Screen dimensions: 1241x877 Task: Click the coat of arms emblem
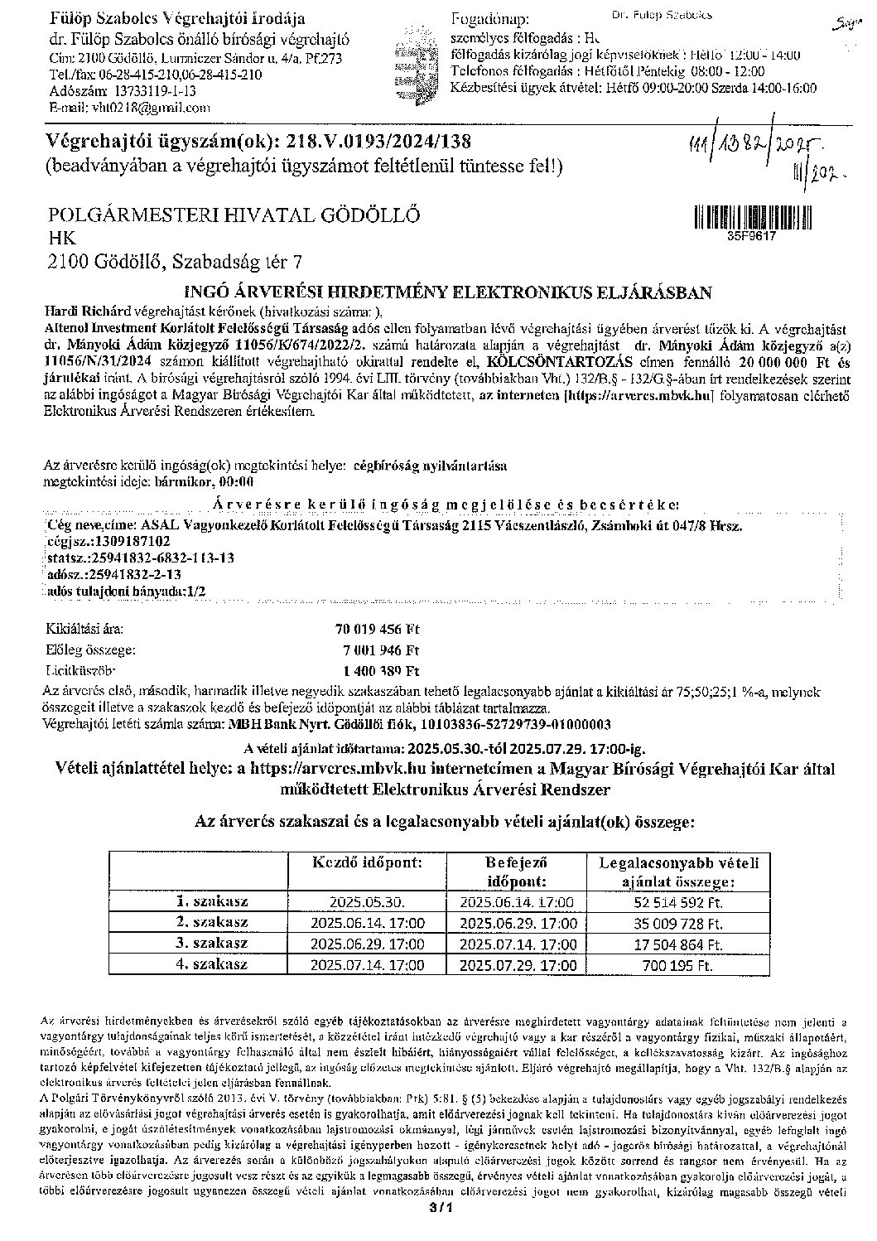[412, 57]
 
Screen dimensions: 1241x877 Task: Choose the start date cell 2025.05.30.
[367, 902]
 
